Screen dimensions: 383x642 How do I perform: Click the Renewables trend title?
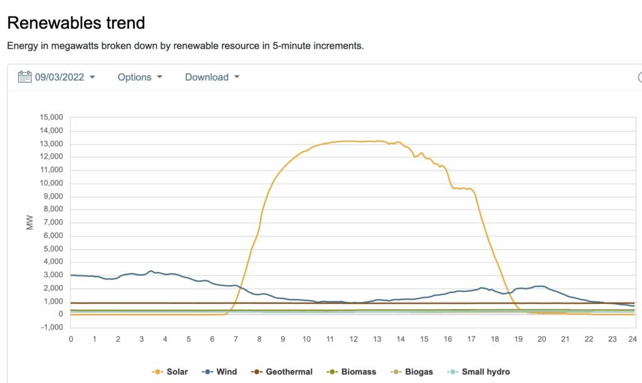[76, 23]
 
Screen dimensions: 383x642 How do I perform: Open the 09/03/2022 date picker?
[65, 77]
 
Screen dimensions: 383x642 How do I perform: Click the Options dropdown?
[140, 77]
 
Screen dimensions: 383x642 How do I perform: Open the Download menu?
[212, 77]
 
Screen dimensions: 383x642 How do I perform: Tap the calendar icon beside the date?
[24, 77]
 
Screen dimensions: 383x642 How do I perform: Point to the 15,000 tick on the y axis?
[51, 118]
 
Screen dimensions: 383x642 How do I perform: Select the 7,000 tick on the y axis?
[53, 223]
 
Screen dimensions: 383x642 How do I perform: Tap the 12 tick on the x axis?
[354, 339]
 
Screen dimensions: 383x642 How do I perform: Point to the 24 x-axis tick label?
[633, 339]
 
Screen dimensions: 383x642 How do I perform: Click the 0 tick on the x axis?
[71, 339]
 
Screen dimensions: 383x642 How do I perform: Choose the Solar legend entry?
[170, 372]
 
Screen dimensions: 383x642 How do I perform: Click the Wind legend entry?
[219, 372]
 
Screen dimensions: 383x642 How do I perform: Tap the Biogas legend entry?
[412, 372]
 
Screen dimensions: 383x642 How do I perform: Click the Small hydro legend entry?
[477, 372]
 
